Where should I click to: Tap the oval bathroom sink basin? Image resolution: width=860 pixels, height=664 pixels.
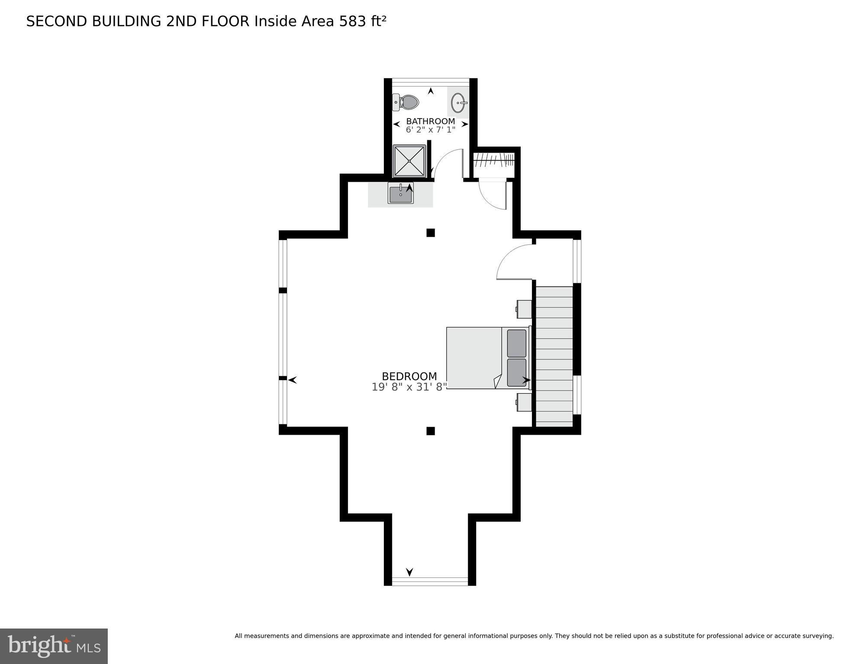458,103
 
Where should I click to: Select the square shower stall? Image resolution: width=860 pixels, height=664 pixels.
409,161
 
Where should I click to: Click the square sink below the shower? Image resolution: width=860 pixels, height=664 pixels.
401,193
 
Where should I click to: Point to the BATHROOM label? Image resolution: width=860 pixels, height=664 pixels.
430,121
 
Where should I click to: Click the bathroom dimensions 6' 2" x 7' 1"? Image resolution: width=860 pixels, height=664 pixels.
430,130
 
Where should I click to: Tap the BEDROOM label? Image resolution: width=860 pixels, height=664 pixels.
409,376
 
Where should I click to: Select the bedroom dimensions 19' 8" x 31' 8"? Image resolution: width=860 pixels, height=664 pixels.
409,387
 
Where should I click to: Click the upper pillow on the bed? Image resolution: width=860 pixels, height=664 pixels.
516,343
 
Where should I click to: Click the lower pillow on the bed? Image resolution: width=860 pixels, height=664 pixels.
516,372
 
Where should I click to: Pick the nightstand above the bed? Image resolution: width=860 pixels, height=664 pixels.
524,309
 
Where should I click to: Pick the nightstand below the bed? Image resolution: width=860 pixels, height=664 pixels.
524,402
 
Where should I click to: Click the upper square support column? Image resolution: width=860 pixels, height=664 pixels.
430,233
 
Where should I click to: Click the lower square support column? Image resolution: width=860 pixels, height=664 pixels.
430,431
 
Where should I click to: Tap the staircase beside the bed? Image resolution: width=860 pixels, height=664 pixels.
554,356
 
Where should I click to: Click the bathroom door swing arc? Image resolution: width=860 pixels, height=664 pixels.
448,162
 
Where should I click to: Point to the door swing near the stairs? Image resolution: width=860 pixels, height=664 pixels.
513,262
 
